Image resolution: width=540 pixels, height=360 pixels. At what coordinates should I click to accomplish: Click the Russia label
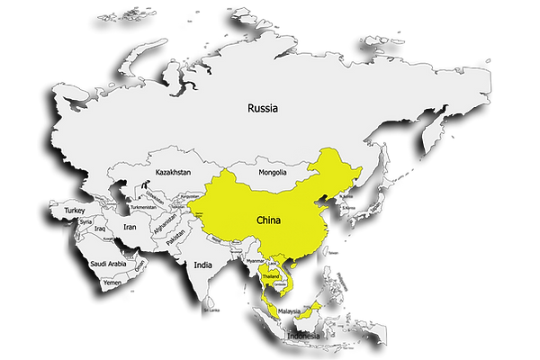tap(264, 108)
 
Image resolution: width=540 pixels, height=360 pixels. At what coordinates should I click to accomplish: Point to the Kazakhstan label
tap(172, 171)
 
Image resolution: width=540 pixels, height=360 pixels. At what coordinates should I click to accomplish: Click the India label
tap(202, 265)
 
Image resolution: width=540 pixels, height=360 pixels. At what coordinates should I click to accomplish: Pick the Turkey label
tap(74, 210)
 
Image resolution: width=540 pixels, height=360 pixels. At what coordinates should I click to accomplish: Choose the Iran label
tap(129, 228)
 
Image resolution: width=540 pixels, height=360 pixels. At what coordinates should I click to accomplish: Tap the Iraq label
tap(101, 229)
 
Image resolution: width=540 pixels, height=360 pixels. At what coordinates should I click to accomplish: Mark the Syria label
tap(85, 221)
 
